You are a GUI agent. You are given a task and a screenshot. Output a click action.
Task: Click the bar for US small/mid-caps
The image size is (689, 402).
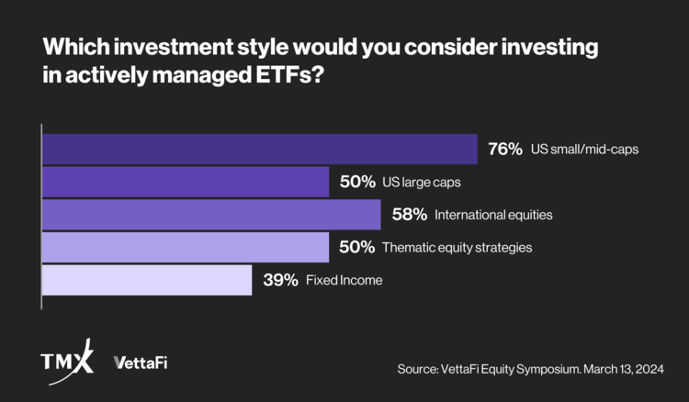coord(260,150)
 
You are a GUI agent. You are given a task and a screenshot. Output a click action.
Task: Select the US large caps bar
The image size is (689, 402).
coord(186,182)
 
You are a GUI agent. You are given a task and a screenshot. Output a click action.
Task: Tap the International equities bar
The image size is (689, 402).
coord(211,215)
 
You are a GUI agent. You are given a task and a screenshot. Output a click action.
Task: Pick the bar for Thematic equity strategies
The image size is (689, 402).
coord(186,247)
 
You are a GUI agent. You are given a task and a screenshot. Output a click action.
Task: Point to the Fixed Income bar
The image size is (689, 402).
coord(147,280)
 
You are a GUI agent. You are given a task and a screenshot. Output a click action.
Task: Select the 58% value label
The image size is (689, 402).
coord(408,215)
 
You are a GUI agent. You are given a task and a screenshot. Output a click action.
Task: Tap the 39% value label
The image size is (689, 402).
coord(279,280)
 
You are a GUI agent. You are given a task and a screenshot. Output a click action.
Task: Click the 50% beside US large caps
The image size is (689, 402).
coord(356,182)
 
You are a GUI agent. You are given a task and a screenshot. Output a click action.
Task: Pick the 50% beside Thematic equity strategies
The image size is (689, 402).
coord(356,247)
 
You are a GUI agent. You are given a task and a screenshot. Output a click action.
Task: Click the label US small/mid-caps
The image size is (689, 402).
coord(583,150)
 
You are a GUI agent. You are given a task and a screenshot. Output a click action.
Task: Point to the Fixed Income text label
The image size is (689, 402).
coord(344,280)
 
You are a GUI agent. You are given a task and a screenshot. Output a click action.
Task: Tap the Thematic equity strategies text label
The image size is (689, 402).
coord(457,247)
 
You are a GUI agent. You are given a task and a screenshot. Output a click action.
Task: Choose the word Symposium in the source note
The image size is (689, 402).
coord(542,368)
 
